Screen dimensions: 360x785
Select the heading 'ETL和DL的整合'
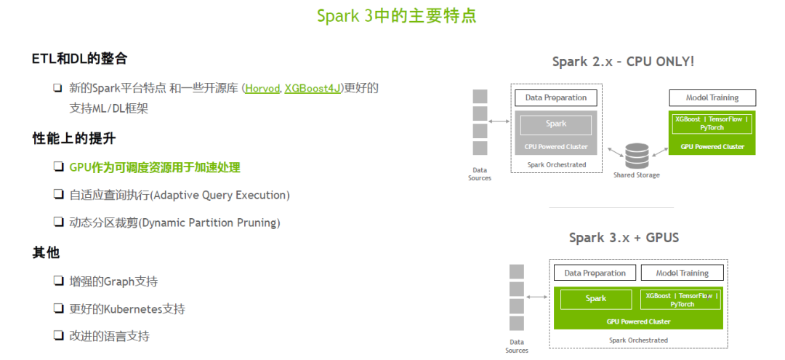79,59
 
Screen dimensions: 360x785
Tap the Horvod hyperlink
262,89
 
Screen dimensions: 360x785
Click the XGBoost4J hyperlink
313,89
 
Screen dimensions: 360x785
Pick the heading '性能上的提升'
74,138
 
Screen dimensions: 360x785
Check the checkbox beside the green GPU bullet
57,167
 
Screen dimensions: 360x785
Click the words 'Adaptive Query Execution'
219,195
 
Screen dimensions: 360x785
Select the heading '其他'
46,252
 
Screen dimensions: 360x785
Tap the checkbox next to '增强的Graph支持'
57,281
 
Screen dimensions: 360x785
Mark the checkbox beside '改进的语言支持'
57,336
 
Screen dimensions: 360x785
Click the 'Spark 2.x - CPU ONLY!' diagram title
623,62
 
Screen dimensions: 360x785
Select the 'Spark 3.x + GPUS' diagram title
624,238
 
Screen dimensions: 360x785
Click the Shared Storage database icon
637,156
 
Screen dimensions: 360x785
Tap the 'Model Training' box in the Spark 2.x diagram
712,98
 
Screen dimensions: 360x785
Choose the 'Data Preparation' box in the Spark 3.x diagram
595,273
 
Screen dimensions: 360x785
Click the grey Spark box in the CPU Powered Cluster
556,124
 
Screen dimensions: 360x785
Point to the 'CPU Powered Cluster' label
556,146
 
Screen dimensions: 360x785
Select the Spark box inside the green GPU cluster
595,299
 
